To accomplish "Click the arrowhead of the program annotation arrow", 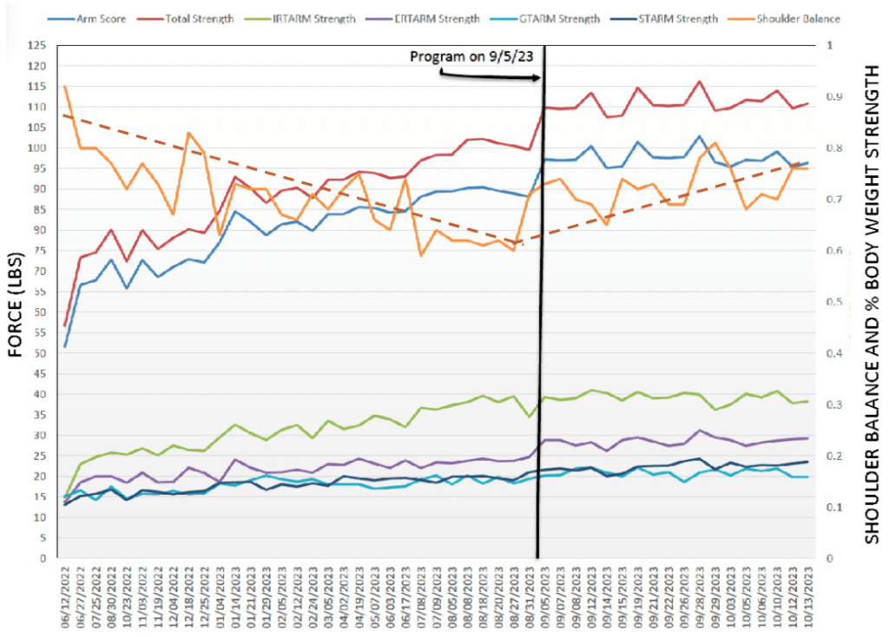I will pos(539,78).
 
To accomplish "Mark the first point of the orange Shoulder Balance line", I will pos(65,86).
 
